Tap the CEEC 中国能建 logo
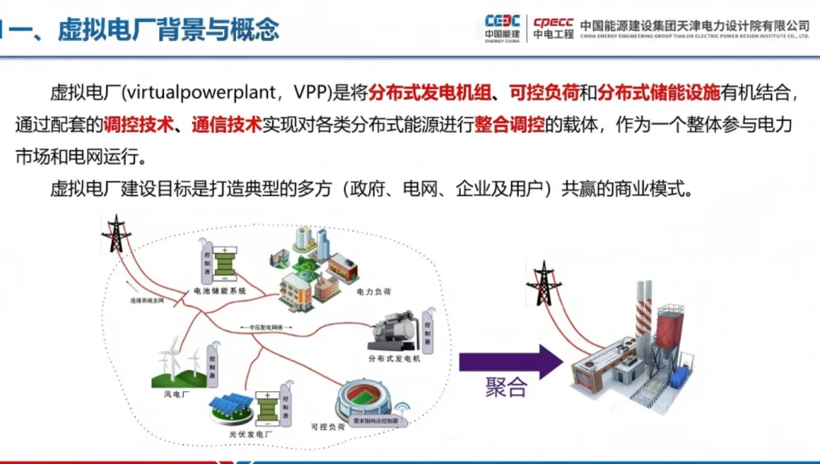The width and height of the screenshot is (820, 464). click(503, 28)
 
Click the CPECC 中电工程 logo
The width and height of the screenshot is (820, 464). click(553, 28)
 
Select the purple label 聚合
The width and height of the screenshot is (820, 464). click(506, 388)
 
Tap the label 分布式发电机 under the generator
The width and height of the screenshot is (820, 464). click(393, 358)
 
